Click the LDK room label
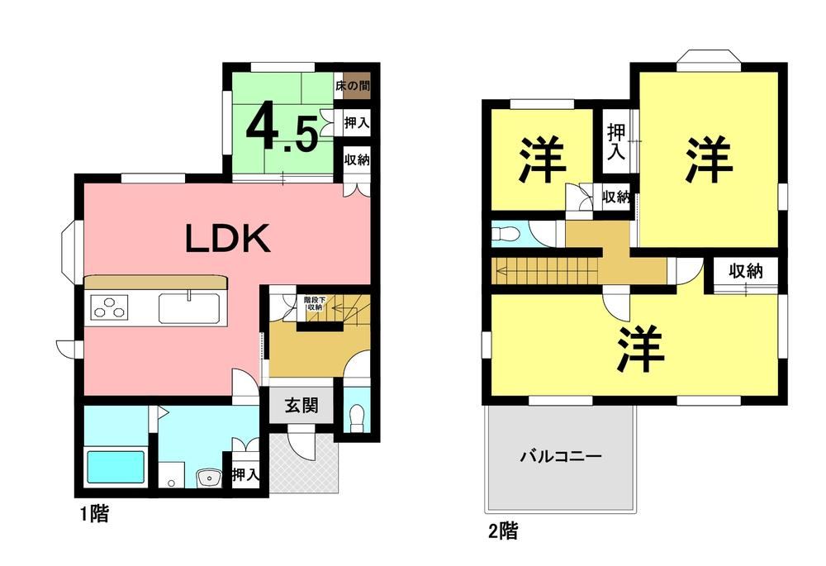coord(228,238)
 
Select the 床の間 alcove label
coord(353,85)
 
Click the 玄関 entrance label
coord(301,405)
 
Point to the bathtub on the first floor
coord(116,467)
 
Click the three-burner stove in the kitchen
coord(110,308)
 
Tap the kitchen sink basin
coord(189,307)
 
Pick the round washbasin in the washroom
coord(209,478)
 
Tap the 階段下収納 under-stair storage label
coord(315,303)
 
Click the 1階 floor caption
coord(94,513)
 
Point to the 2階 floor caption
coord(503,530)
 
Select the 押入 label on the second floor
coord(616,141)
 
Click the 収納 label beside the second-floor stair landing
coord(745,271)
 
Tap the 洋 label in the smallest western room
coord(543,159)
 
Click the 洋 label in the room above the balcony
coord(641,350)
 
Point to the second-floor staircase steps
coord(544,271)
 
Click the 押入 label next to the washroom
coord(246,475)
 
